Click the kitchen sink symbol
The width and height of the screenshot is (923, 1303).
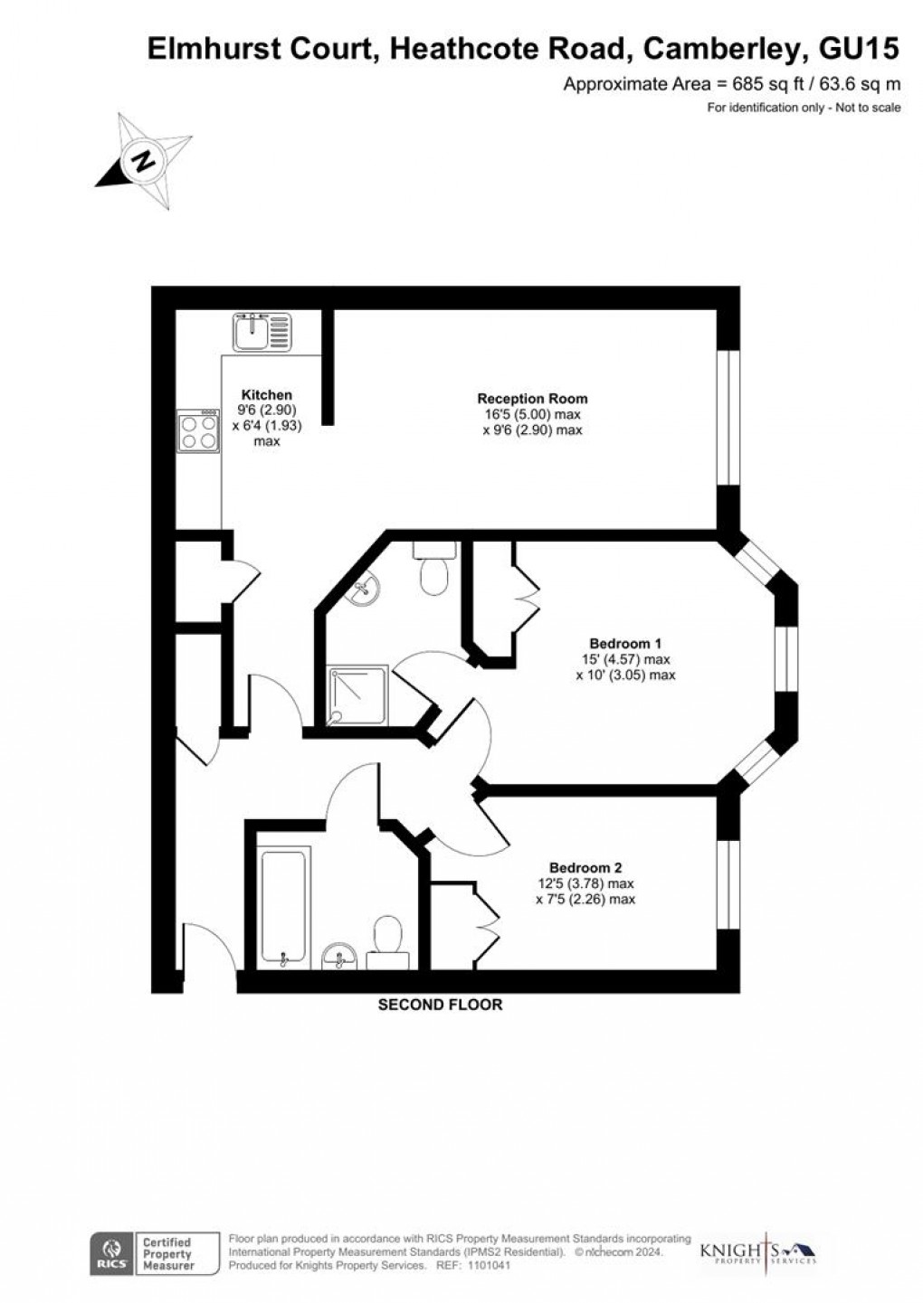[x=262, y=332]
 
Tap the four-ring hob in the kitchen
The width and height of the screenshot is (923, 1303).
[x=199, y=431]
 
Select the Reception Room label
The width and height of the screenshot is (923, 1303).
[x=532, y=399]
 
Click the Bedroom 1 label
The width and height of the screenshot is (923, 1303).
[x=625, y=644]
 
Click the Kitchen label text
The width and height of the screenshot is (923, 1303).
[x=266, y=395]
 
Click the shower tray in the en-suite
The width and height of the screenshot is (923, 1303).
[x=357, y=696]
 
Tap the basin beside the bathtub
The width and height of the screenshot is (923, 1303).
[x=339, y=955]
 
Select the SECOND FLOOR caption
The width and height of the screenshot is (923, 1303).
[x=440, y=1005]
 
